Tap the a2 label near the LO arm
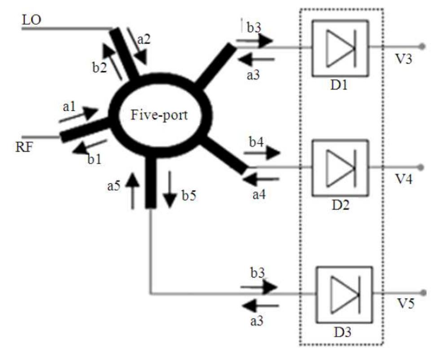click(x=144, y=40)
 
